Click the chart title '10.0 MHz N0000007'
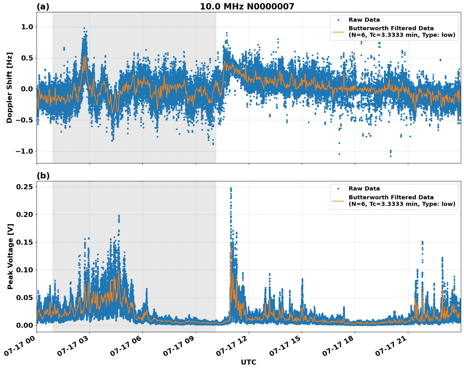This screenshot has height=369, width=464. [247, 7]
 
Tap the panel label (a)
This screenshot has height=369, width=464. [43, 7]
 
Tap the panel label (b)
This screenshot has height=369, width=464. [43, 176]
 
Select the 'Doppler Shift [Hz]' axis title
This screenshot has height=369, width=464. [9, 88]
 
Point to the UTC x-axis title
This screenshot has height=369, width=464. [248, 362]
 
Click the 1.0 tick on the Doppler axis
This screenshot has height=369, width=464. [27, 27]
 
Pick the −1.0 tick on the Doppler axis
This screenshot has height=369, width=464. [24, 151]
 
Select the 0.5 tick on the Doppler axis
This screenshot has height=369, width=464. [27, 58]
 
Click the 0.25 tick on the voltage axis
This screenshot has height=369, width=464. [24, 187]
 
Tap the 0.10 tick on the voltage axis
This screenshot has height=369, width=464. [24, 270]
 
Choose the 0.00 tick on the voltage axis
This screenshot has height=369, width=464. [24, 325]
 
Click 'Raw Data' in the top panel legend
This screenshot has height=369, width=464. [364, 20]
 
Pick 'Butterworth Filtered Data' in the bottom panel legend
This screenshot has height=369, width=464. [391, 197]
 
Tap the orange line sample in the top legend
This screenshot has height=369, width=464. [338, 31]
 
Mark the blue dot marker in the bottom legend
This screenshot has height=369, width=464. [338, 189]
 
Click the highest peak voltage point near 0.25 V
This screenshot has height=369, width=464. [231, 188]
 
